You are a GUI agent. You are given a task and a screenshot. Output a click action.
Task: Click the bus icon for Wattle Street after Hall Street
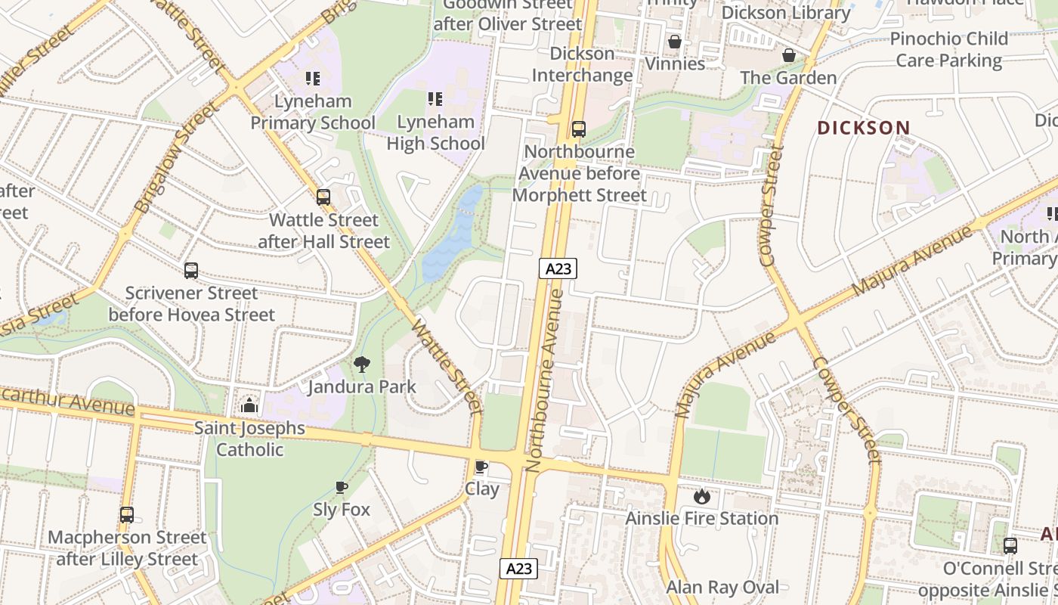coord(323,197)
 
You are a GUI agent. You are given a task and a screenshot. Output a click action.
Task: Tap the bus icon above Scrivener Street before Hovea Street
coord(191,271)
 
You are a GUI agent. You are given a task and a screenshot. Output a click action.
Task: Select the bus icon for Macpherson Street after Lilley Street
coord(127,515)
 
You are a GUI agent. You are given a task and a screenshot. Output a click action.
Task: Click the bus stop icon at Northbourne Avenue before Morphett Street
coord(579,129)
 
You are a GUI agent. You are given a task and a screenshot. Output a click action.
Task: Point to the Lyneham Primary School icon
coord(313,78)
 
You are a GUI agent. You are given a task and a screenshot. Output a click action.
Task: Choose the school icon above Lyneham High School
coord(435,98)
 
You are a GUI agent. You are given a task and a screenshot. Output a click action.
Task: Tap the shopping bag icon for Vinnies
coord(674,41)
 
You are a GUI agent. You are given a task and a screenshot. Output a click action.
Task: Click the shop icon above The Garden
coord(789,55)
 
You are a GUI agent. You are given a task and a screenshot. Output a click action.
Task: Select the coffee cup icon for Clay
coord(481,466)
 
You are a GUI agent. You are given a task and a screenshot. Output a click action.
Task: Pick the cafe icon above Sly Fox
coord(342,487)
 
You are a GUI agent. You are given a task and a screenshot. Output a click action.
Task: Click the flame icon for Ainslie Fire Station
coord(702,496)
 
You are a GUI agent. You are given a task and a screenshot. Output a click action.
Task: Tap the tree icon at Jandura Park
coord(362,365)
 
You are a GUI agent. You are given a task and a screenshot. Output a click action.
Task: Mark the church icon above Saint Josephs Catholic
coord(249,405)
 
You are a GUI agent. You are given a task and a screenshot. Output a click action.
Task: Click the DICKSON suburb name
coord(863,128)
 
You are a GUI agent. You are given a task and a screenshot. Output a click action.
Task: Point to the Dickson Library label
coord(786,13)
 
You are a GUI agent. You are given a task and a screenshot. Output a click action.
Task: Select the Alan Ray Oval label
coord(722,587)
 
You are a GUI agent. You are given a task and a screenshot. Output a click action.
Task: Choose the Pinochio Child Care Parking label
coord(948,49)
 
